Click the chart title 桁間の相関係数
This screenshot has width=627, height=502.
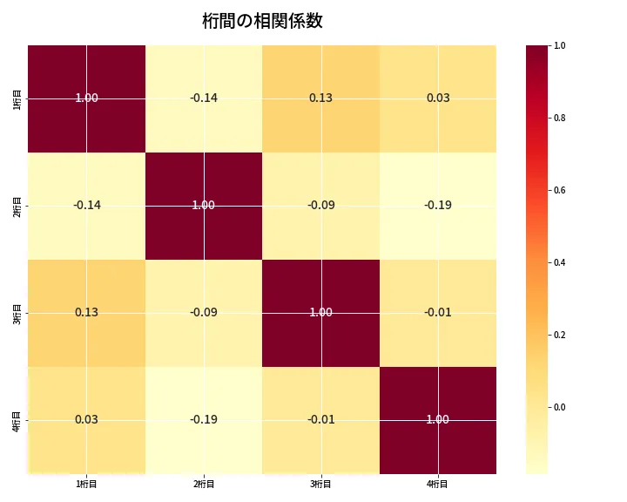click(x=262, y=21)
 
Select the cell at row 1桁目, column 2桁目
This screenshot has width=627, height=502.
click(x=204, y=98)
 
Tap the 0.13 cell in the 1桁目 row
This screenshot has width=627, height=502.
click(x=320, y=98)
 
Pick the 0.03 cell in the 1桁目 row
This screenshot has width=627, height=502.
click(x=438, y=98)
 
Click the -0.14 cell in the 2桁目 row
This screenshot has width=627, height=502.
click(x=86, y=205)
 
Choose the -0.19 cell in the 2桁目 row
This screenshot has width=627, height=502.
click(x=438, y=205)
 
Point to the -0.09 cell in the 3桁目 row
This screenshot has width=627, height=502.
click(x=204, y=312)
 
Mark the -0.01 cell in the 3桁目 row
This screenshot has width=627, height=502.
click(x=438, y=312)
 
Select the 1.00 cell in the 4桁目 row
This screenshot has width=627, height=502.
click(x=438, y=419)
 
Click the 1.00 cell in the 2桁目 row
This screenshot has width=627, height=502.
click(x=204, y=205)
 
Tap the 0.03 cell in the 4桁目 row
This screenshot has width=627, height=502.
click(x=86, y=419)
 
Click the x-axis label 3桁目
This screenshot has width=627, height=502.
click(x=320, y=485)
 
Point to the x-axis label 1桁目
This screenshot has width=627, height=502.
click(x=86, y=485)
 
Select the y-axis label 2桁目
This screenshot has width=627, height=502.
click(x=17, y=205)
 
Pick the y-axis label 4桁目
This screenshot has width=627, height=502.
click(x=17, y=419)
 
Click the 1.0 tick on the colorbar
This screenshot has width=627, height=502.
click(x=560, y=45)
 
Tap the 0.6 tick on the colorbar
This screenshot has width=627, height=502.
click(x=560, y=190)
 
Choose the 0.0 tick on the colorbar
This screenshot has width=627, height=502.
click(x=560, y=407)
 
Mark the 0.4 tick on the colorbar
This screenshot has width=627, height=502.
click(x=560, y=262)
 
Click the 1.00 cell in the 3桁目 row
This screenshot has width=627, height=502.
click(x=320, y=312)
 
